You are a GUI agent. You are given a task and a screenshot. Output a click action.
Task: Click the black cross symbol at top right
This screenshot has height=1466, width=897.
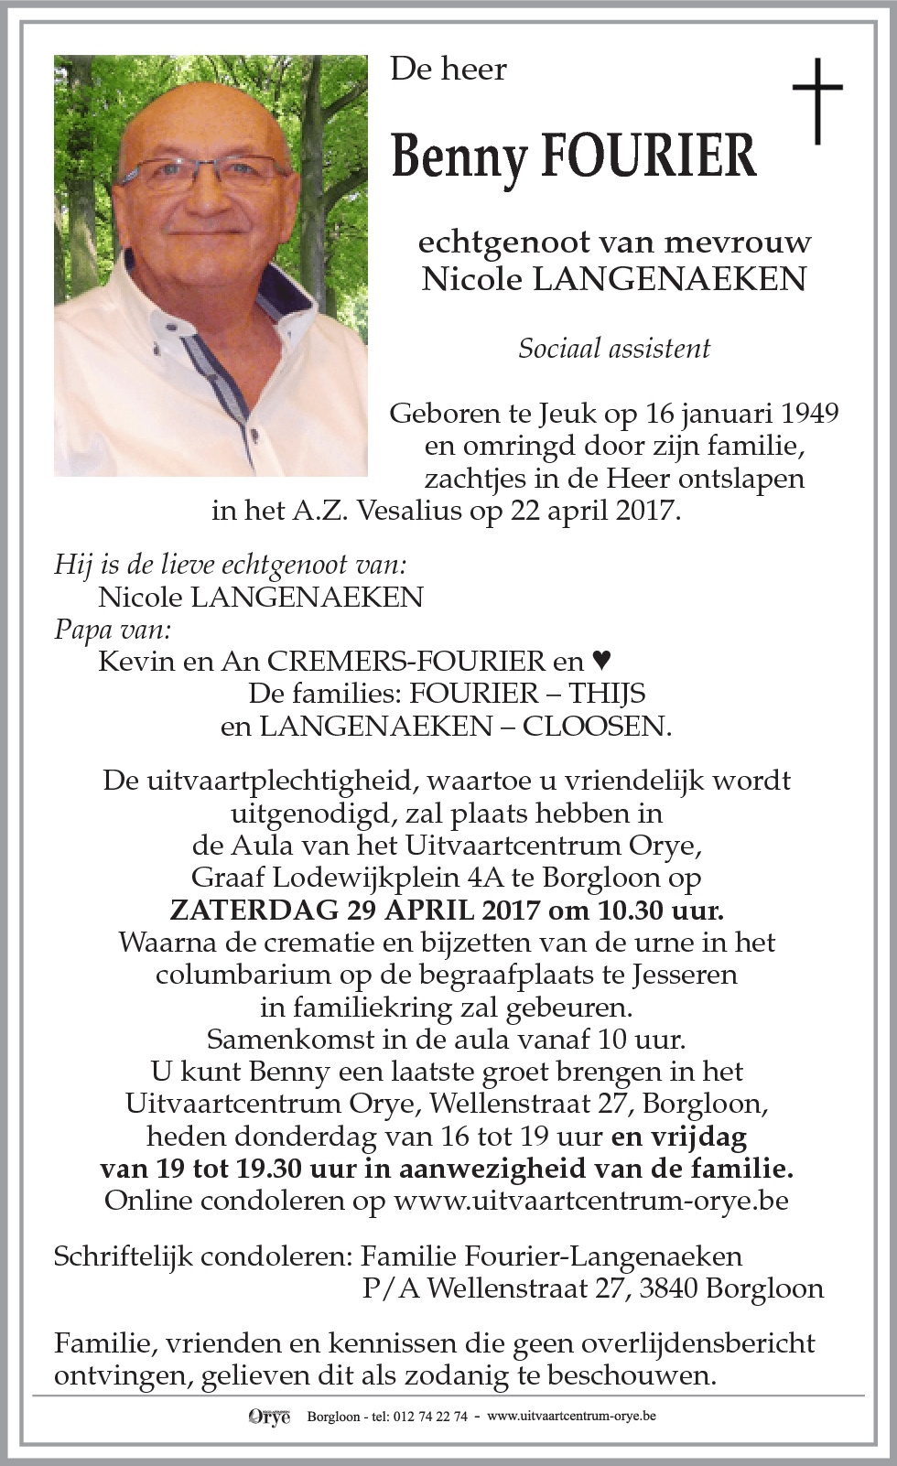click(x=816, y=100)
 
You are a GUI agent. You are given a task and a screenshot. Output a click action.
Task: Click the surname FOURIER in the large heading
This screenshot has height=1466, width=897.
click(x=649, y=156)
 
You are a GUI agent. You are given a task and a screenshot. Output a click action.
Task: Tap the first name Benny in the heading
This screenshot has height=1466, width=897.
click(x=459, y=157)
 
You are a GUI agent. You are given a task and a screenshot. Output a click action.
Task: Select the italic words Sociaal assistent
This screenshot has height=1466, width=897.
click(x=614, y=349)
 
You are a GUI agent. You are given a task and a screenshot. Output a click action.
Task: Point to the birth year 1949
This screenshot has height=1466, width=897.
click(x=809, y=414)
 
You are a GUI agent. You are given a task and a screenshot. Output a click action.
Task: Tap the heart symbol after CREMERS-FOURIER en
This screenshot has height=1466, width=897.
click(x=601, y=660)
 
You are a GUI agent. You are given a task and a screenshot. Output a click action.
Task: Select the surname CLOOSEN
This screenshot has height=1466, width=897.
click(x=596, y=726)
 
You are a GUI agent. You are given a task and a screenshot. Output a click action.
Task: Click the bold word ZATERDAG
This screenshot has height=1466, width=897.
click(x=254, y=911)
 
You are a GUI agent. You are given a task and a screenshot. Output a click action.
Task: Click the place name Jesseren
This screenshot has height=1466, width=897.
click(x=685, y=975)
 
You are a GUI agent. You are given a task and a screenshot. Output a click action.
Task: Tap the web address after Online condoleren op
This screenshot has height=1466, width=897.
click(x=590, y=1201)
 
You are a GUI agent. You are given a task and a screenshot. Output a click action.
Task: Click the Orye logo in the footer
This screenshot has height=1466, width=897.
click(x=269, y=1417)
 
